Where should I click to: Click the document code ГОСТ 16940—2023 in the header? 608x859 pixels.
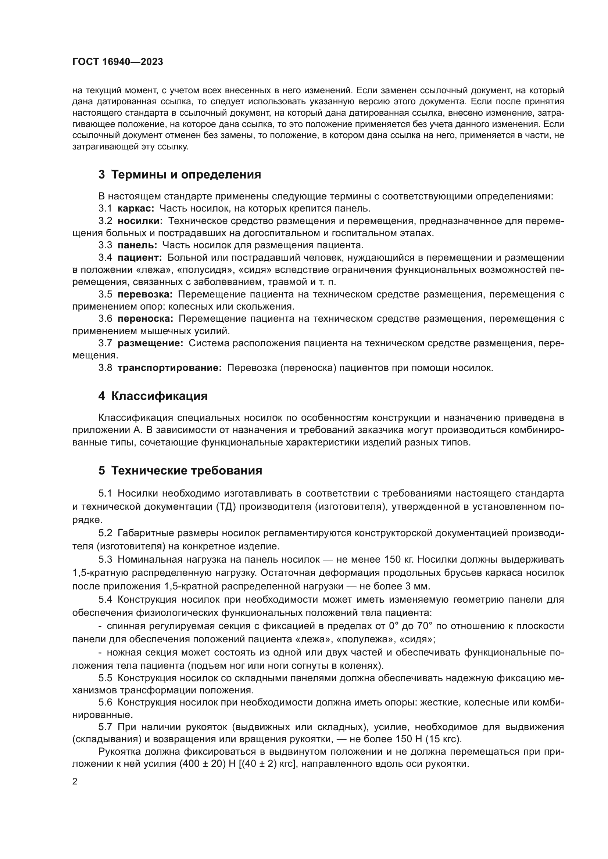point(118,62)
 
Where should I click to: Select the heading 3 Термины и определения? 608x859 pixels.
point(180,175)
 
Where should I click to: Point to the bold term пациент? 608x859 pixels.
point(140,257)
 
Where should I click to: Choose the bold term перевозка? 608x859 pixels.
point(145,294)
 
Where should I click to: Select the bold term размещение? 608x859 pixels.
point(150,343)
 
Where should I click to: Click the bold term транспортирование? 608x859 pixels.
point(169,368)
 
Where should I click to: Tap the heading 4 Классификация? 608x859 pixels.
point(153,396)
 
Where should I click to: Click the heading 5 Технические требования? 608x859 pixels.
point(180,471)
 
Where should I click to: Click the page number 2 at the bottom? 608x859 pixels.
point(75,782)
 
